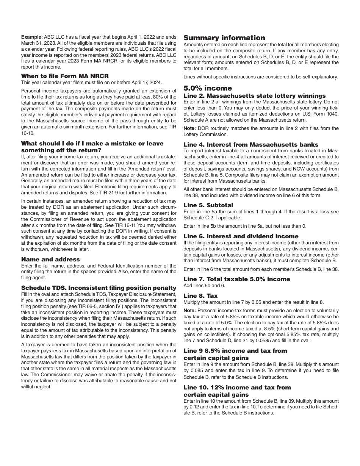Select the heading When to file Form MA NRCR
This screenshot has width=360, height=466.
tap(65, 76)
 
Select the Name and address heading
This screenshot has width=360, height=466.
tap(50, 260)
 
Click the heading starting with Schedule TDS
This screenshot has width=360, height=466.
tap(99, 288)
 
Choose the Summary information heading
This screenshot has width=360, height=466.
tap(224, 38)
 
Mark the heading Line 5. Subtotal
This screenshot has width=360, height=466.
tap(208, 205)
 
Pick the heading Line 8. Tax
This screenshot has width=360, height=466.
tap(200, 296)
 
